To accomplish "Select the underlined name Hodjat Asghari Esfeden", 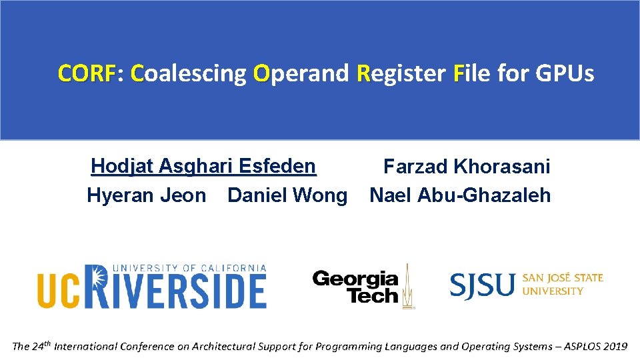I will coord(203,165).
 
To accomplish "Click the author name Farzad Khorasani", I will coord(467,166).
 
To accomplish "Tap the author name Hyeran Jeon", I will coord(147,195).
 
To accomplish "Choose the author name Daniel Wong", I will coord(287,195).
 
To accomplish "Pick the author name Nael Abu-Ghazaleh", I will coord(460,195).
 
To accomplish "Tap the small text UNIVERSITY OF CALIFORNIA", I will coord(190,268).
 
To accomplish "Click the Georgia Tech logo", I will coord(355,287).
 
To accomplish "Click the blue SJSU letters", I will coord(482,285).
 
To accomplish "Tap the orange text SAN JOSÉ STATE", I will coord(563,277).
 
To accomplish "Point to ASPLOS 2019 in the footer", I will coord(595,346).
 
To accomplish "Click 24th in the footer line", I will coord(41,345).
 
